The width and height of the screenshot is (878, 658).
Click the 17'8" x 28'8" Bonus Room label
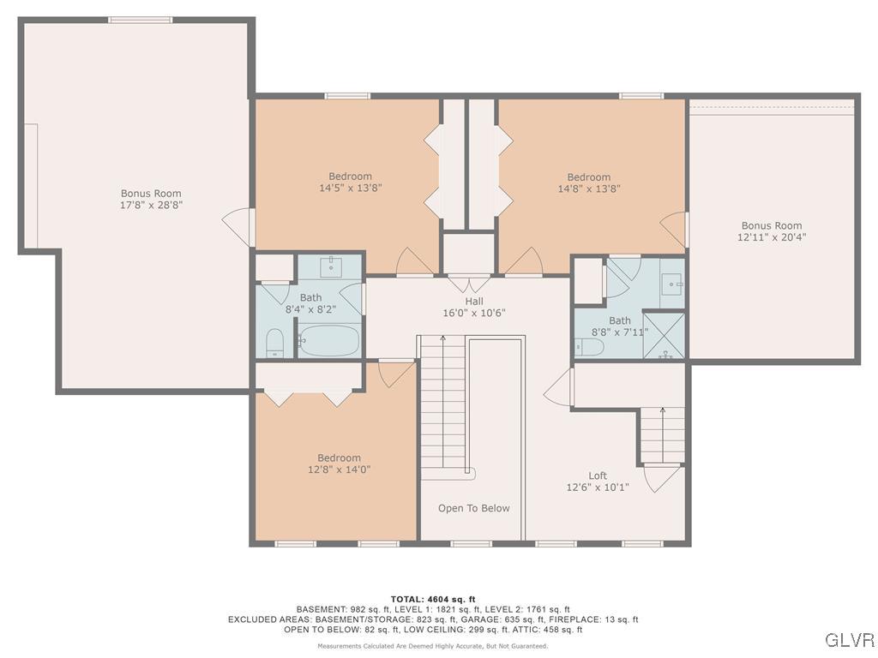151,200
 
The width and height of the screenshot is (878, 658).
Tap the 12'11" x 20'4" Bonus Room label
772,231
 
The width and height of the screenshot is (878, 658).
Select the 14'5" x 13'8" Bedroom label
350,182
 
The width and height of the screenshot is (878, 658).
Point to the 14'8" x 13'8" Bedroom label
588,182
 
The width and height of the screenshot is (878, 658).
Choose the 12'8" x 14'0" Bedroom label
339,464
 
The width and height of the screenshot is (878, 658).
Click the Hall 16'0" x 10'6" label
474,307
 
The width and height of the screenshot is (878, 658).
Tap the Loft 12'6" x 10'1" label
598,482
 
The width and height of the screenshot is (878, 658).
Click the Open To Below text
473,508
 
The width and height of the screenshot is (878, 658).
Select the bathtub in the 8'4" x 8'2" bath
329,342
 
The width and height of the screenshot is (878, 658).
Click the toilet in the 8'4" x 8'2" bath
275,343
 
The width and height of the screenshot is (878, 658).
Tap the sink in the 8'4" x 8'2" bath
332,266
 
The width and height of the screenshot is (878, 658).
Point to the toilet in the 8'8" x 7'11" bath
590,347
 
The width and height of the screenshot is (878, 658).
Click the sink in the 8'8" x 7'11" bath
673,282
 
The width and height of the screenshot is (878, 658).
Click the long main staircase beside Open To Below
442,403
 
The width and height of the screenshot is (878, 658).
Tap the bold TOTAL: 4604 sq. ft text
433,599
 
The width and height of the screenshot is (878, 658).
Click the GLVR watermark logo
849,640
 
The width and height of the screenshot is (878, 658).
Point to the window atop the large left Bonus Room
140,20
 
